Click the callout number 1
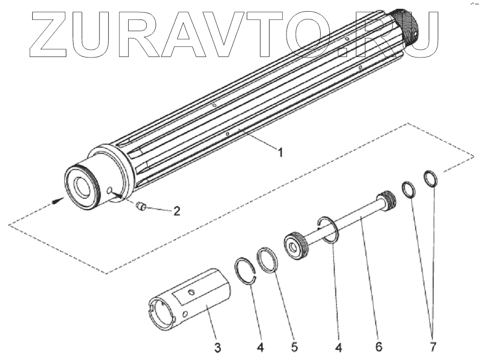click(280, 153)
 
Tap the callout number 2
click(176, 211)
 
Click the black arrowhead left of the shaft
click(58, 200)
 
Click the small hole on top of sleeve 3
click(193, 292)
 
